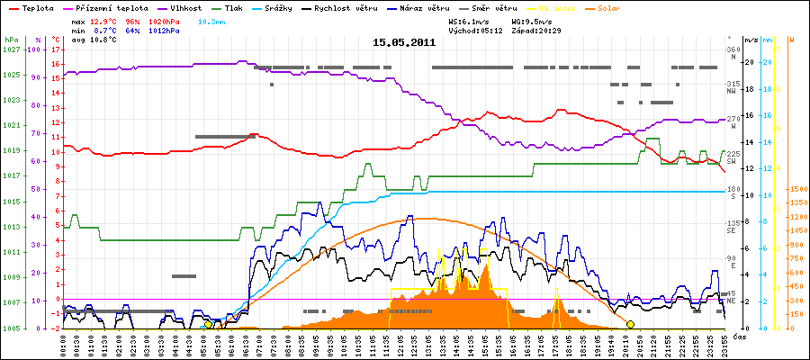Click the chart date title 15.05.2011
point(404,42)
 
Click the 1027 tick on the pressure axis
point(11,49)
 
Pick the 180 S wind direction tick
point(733,193)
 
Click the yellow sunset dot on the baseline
point(630,324)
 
